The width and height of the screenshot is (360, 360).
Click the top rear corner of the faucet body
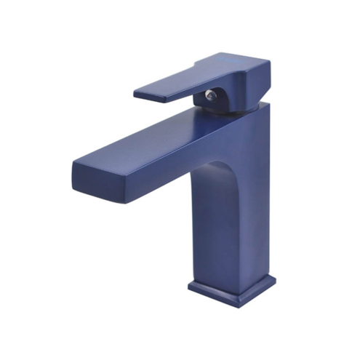point(266,104)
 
